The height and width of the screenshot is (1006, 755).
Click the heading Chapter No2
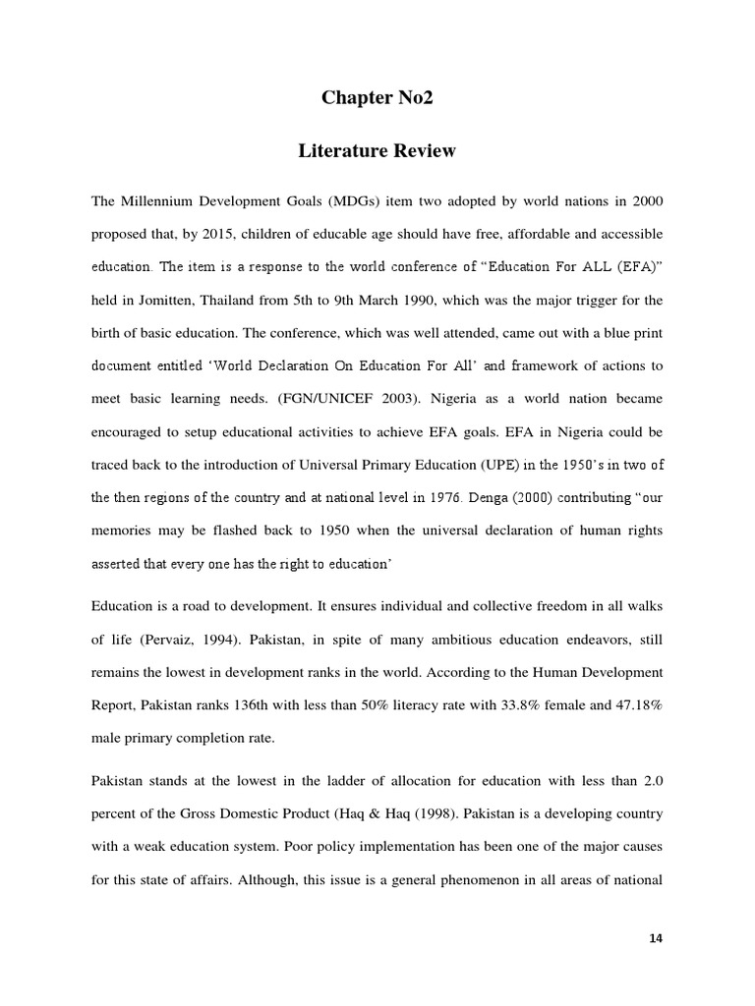(x=377, y=98)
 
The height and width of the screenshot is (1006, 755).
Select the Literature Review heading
(x=377, y=151)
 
